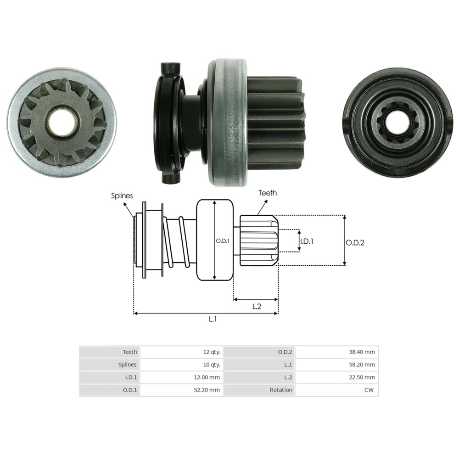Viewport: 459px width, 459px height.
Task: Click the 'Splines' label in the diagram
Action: point(122,196)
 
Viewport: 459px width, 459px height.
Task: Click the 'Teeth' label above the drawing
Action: point(268,193)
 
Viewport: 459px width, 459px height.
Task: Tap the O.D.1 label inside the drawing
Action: point(223,241)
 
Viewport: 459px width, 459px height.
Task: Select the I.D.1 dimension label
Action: point(307,241)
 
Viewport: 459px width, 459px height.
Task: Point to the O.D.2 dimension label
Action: point(355,243)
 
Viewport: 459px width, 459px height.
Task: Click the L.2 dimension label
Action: point(257,307)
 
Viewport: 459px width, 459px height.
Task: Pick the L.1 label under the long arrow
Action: point(213,319)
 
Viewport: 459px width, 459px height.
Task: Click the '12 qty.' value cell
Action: point(211,352)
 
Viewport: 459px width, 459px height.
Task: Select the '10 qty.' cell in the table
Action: point(211,365)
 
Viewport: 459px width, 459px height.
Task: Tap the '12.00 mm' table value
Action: point(207,377)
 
